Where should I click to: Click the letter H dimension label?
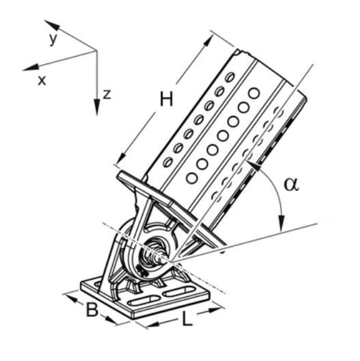[x=166, y=101]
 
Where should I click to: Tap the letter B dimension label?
[x=92, y=310]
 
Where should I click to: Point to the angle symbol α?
[x=292, y=185]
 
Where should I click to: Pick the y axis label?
[x=53, y=39]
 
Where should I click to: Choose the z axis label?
[x=107, y=94]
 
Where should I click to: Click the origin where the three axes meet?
[x=96, y=51]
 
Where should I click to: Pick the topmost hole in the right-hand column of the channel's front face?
[x=253, y=93]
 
